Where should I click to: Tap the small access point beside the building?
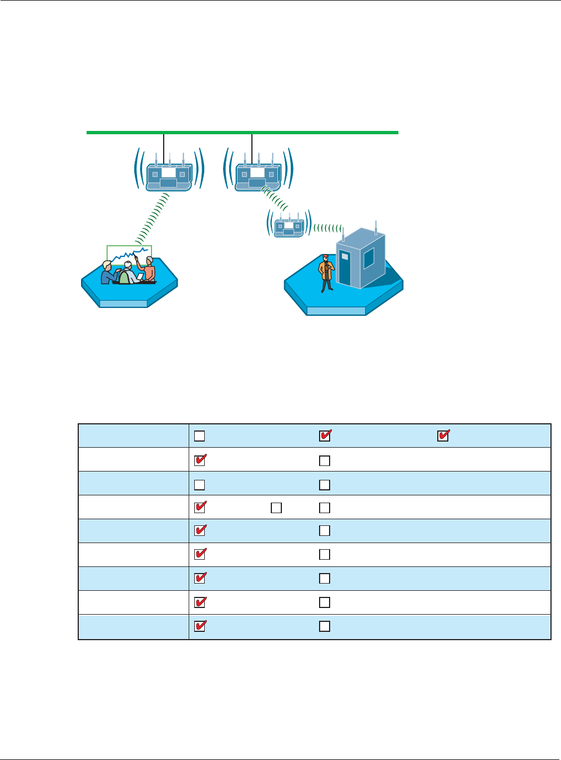tap(289, 226)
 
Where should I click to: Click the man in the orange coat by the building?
tap(326, 272)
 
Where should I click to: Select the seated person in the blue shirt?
tap(108, 272)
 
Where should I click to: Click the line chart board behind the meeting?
tap(129, 254)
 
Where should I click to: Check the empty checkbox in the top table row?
tap(200, 436)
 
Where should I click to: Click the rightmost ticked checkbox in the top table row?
tap(443, 436)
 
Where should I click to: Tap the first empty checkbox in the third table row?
tap(200, 485)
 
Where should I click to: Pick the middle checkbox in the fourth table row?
tap(276, 508)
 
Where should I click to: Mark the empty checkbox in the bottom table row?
tap(325, 626)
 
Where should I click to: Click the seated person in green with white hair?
tap(127, 274)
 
